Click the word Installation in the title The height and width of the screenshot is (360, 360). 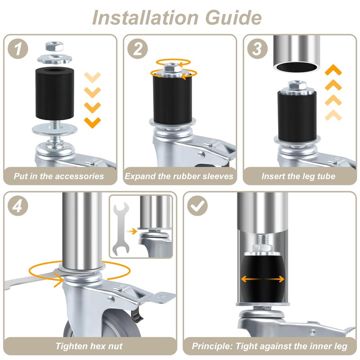tap(145, 18)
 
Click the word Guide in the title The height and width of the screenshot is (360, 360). tap(234, 18)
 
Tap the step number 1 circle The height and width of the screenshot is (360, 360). tap(18, 49)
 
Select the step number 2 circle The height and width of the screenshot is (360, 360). tap(138, 49)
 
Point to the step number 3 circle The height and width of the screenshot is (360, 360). tap(257, 49)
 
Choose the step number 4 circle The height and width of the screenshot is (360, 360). tap(18, 206)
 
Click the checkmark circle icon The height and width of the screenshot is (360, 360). tap(197, 206)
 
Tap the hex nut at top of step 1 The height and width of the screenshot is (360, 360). tap(54, 46)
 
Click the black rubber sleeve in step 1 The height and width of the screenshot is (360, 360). tap(54, 94)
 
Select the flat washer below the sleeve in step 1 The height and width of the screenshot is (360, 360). tap(55, 130)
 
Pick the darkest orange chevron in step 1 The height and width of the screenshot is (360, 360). tap(93, 122)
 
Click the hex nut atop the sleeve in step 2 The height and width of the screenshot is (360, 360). tap(173, 68)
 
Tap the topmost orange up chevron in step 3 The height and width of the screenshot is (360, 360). tap(333, 70)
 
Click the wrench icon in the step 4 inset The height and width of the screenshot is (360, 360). tap(121, 229)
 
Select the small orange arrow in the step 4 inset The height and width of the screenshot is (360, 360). tap(131, 231)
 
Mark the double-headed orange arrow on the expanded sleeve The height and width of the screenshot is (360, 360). tap(263, 279)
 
